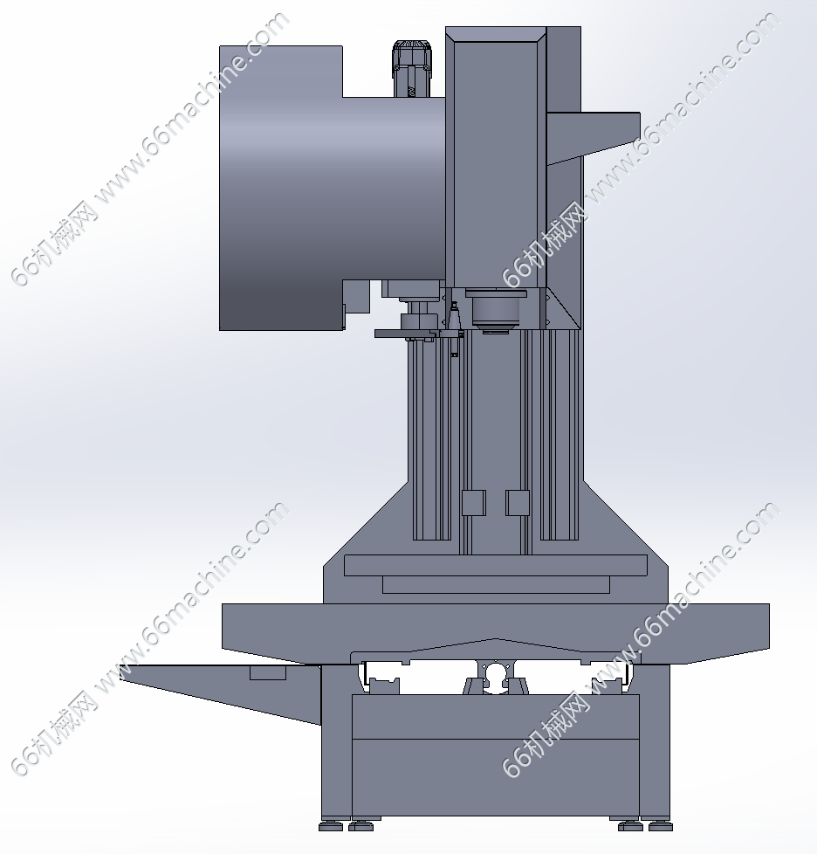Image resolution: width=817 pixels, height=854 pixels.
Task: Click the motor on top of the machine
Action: point(411,69)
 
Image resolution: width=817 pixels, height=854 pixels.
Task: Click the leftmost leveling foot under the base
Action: point(331,826)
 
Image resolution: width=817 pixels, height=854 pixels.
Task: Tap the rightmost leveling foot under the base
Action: point(660,826)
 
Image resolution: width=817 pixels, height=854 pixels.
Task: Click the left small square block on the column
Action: point(474,503)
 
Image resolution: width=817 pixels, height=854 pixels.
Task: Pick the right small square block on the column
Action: point(518,503)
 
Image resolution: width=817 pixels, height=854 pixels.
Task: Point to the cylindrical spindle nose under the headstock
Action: point(496,312)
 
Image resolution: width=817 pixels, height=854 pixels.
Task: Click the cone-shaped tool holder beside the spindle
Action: point(453,329)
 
